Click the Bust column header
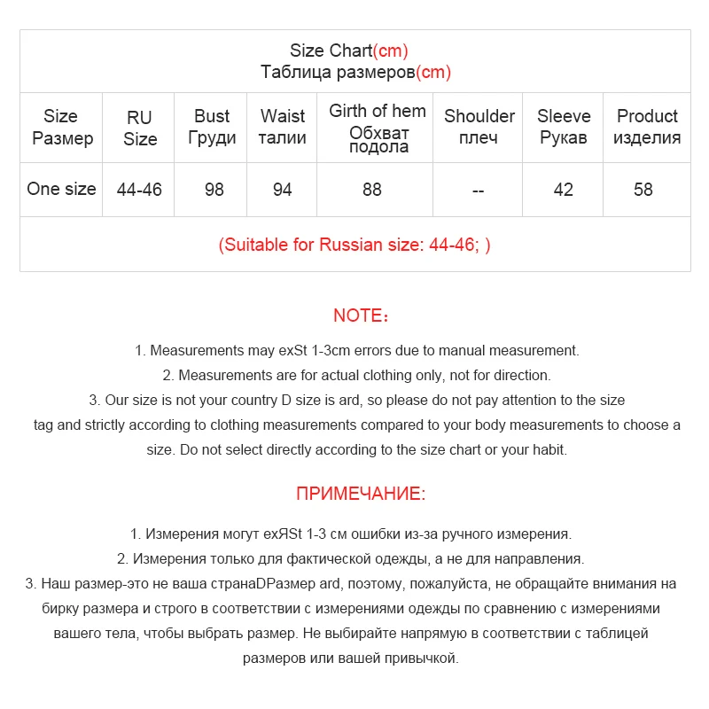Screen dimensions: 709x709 [212, 127]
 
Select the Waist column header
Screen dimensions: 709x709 [283, 127]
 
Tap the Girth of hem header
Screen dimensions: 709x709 [378, 128]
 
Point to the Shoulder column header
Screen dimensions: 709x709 [479, 127]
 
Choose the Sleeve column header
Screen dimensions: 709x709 [564, 127]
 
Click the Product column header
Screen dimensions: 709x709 [647, 127]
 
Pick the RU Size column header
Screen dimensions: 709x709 [140, 128]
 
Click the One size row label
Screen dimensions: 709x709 [61, 189]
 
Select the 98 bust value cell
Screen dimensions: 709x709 [214, 190]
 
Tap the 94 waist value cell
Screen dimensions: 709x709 [283, 190]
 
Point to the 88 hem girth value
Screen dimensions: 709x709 [372, 190]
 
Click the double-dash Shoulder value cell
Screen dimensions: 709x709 [479, 190]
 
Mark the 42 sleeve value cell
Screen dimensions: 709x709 [564, 190]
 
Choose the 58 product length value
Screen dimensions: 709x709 [643, 190]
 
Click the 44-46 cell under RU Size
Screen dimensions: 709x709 [140, 190]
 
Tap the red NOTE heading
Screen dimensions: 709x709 [361, 316]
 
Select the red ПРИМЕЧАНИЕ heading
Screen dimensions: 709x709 [361, 494]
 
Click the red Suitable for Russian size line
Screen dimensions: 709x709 [354, 245]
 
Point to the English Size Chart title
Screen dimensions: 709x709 [348, 51]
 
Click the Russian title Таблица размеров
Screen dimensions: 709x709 [355, 73]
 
